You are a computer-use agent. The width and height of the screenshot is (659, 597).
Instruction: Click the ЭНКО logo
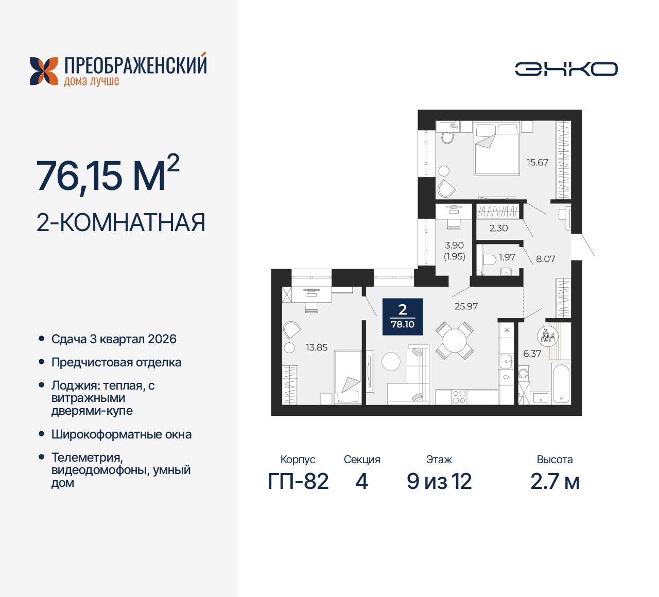coord(566,69)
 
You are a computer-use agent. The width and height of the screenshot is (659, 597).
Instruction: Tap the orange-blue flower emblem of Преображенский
coord(44,71)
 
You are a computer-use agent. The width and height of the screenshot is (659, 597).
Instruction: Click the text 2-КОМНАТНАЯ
coord(121,222)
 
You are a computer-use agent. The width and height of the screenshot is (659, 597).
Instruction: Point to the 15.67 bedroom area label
coord(537,162)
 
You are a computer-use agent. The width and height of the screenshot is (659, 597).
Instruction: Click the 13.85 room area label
coord(317,347)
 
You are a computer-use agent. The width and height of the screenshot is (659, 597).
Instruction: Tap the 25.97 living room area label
coord(466,306)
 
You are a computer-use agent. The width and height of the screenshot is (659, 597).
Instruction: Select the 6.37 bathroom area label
coord(532,354)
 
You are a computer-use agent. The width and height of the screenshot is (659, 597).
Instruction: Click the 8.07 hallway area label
coord(545,259)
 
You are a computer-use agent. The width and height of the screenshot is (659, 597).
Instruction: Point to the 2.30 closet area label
coord(498,228)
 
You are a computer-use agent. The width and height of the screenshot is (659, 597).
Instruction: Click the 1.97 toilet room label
coord(507,257)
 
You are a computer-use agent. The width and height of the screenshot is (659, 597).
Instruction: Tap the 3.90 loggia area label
coord(455,245)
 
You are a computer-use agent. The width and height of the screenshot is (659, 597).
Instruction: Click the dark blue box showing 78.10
coord(403,317)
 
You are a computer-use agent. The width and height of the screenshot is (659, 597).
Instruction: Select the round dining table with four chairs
coord(455,340)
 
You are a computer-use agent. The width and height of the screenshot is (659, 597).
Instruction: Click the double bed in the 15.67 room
coord(496,149)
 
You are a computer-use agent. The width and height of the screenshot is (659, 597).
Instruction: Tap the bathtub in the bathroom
coord(561,383)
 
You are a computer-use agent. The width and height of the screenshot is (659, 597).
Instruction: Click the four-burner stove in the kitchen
coord(459,397)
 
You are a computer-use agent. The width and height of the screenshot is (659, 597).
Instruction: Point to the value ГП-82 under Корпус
coord(298,482)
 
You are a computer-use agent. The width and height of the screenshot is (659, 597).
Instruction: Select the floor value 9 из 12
coord(439,482)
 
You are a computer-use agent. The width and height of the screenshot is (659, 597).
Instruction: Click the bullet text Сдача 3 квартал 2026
coord(114,339)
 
